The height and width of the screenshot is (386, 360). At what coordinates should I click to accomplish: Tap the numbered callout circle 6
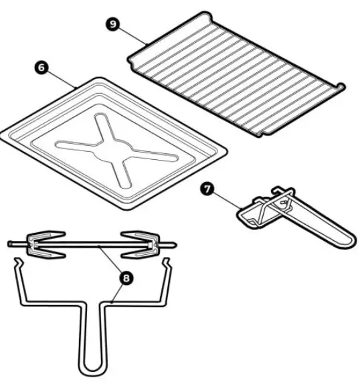pos(41,68)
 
